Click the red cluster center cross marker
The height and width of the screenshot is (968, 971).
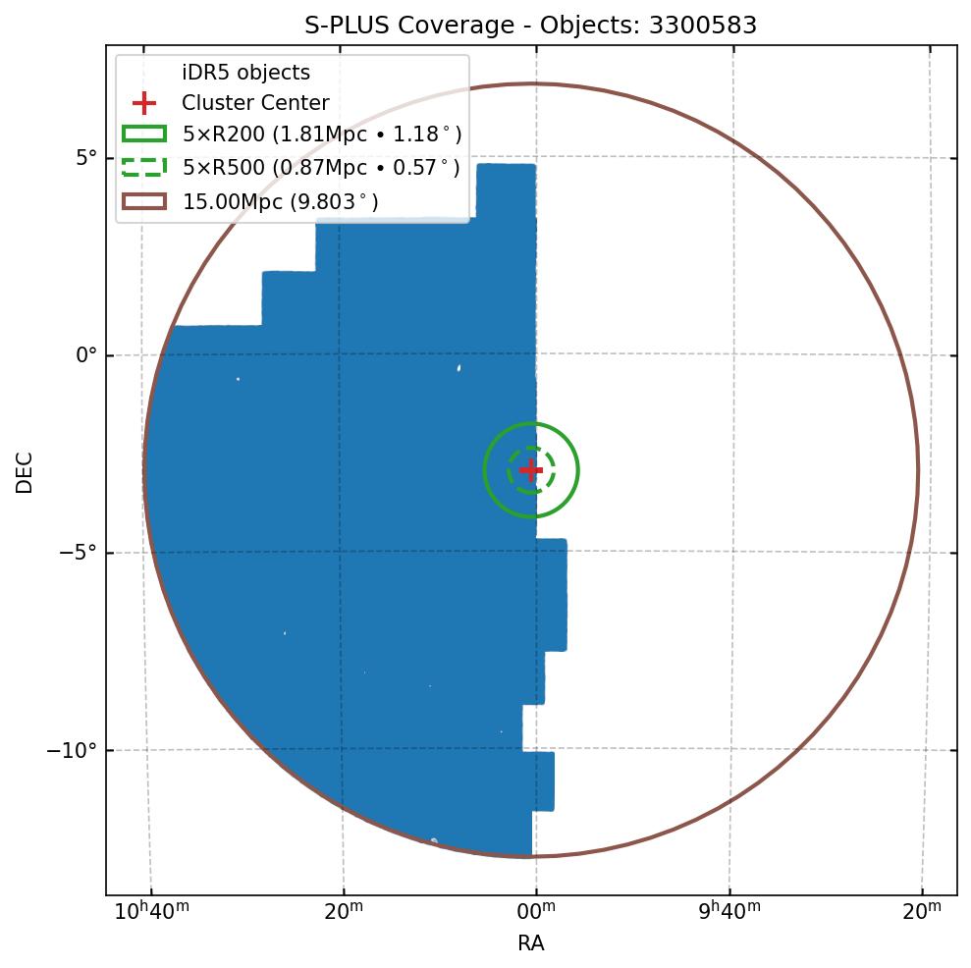click(531, 470)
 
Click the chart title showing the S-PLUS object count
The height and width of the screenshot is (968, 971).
click(531, 26)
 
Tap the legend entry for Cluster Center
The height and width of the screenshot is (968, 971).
click(255, 103)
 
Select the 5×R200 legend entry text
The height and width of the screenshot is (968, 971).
click(321, 134)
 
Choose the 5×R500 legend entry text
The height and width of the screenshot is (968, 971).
click(321, 168)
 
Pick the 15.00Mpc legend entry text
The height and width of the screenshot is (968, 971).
click(280, 201)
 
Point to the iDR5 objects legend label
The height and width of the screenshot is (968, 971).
click(245, 73)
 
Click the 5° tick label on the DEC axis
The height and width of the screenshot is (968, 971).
click(86, 157)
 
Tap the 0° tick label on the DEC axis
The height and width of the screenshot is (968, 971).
click(86, 355)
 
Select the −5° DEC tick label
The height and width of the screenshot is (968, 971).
click(79, 553)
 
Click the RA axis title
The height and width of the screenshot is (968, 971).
click(531, 943)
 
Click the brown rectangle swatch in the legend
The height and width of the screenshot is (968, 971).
click(144, 201)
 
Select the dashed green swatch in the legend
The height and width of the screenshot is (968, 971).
click(144, 168)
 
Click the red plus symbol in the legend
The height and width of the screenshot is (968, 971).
click(144, 103)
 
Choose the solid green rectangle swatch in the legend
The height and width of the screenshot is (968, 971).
click(144, 134)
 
